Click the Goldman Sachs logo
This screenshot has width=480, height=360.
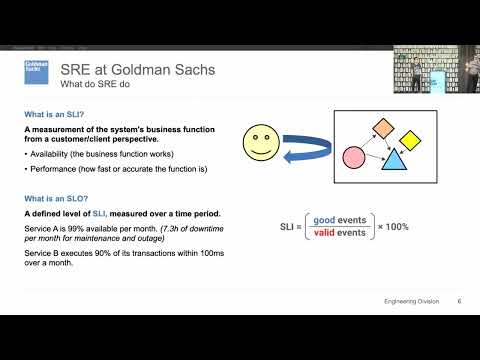(x=37, y=71)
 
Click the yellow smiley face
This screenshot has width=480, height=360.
(x=263, y=143)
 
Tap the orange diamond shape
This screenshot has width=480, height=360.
(x=382, y=127)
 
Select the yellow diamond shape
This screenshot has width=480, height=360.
(x=411, y=139)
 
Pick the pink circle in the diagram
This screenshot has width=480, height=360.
(x=353, y=157)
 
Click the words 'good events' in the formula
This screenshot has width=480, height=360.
(x=340, y=220)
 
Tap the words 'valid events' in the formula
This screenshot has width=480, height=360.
(x=340, y=234)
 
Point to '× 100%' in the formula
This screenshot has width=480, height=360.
(x=392, y=227)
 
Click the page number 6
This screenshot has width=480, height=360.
(x=458, y=301)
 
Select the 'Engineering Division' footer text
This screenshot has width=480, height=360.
(x=411, y=301)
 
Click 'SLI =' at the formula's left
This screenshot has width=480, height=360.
(x=292, y=227)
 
